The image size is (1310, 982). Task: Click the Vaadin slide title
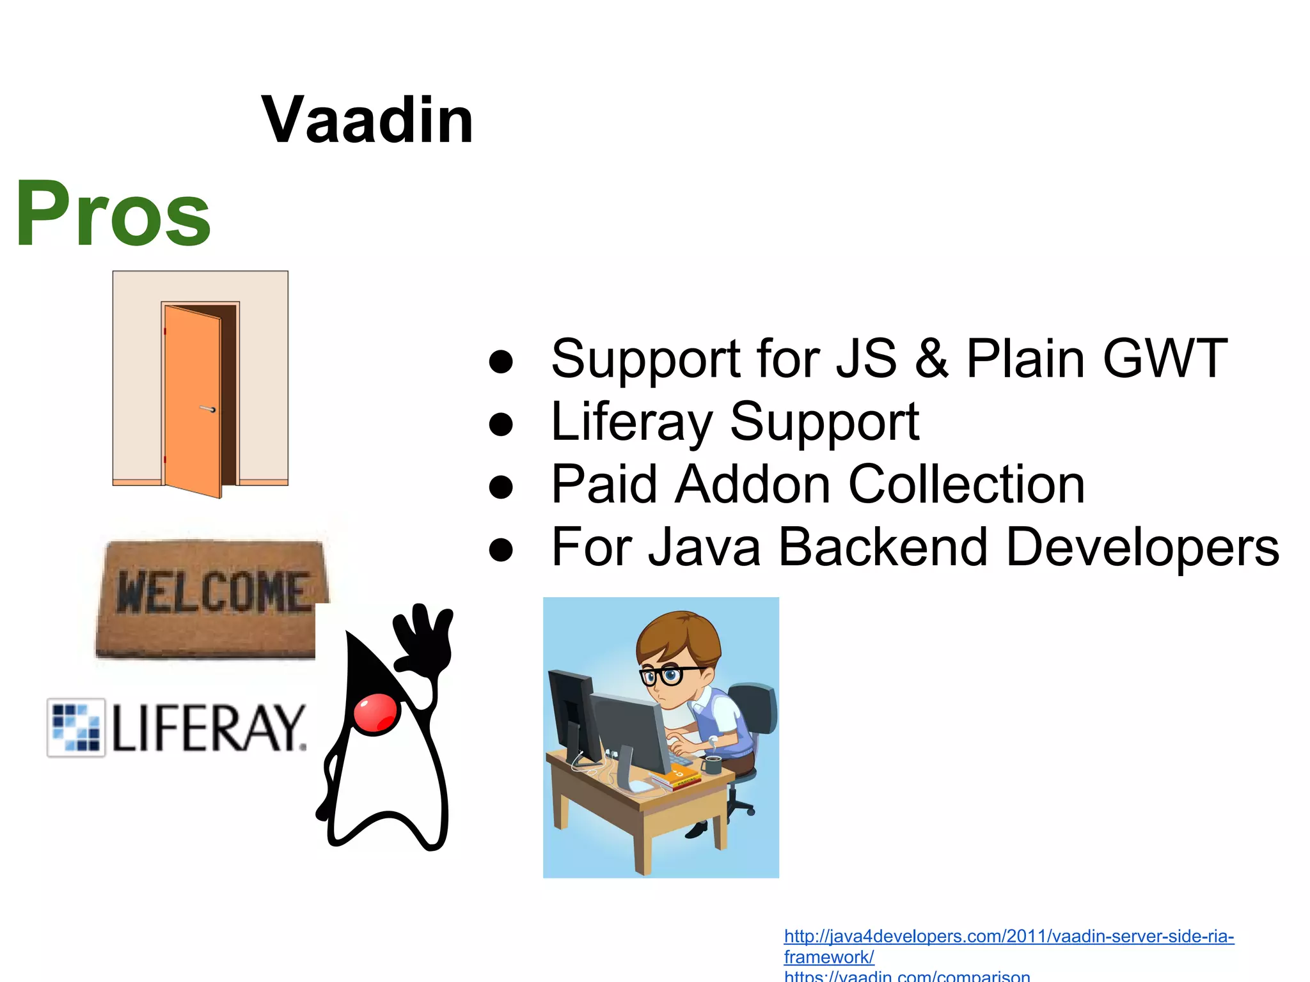click(x=367, y=120)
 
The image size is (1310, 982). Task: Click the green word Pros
click(x=113, y=214)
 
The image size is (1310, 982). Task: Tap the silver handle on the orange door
click(x=208, y=409)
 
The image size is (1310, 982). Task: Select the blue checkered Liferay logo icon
click(x=76, y=727)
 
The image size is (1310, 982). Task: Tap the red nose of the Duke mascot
click(x=376, y=714)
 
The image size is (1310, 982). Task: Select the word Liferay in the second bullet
click(x=631, y=422)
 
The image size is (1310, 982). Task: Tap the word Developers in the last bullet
click(x=1142, y=547)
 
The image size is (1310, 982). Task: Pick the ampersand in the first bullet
click(x=931, y=359)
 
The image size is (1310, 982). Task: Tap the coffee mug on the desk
click(x=712, y=764)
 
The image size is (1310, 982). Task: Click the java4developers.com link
click(x=1008, y=937)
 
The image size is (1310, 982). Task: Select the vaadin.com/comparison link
click(x=907, y=976)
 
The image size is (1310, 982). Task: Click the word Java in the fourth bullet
click(x=704, y=547)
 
